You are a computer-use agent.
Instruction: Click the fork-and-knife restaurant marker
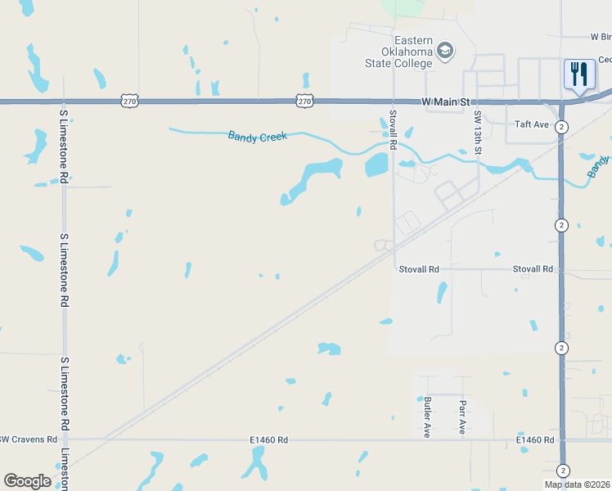(x=579, y=74)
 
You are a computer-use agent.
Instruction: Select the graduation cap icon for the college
(x=445, y=52)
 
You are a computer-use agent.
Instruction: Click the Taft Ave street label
(x=531, y=124)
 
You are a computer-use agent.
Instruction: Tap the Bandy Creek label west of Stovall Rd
(x=258, y=136)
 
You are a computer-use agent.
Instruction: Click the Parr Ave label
(x=462, y=417)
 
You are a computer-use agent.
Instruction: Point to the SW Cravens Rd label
(x=28, y=439)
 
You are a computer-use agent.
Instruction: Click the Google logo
(x=27, y=480)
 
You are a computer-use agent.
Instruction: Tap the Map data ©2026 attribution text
(x=578, y=484)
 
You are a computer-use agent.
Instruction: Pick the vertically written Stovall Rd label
(x=393, y=129)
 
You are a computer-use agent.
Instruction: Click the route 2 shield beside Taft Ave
(x=561, y=127)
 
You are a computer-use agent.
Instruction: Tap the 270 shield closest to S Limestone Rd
(x=129, y=101)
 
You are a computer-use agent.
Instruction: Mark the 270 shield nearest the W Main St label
(x=304, y=101)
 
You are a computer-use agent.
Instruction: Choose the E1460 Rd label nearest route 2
(x=535, y=440)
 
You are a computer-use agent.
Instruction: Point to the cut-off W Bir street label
(x=600, y=37)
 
